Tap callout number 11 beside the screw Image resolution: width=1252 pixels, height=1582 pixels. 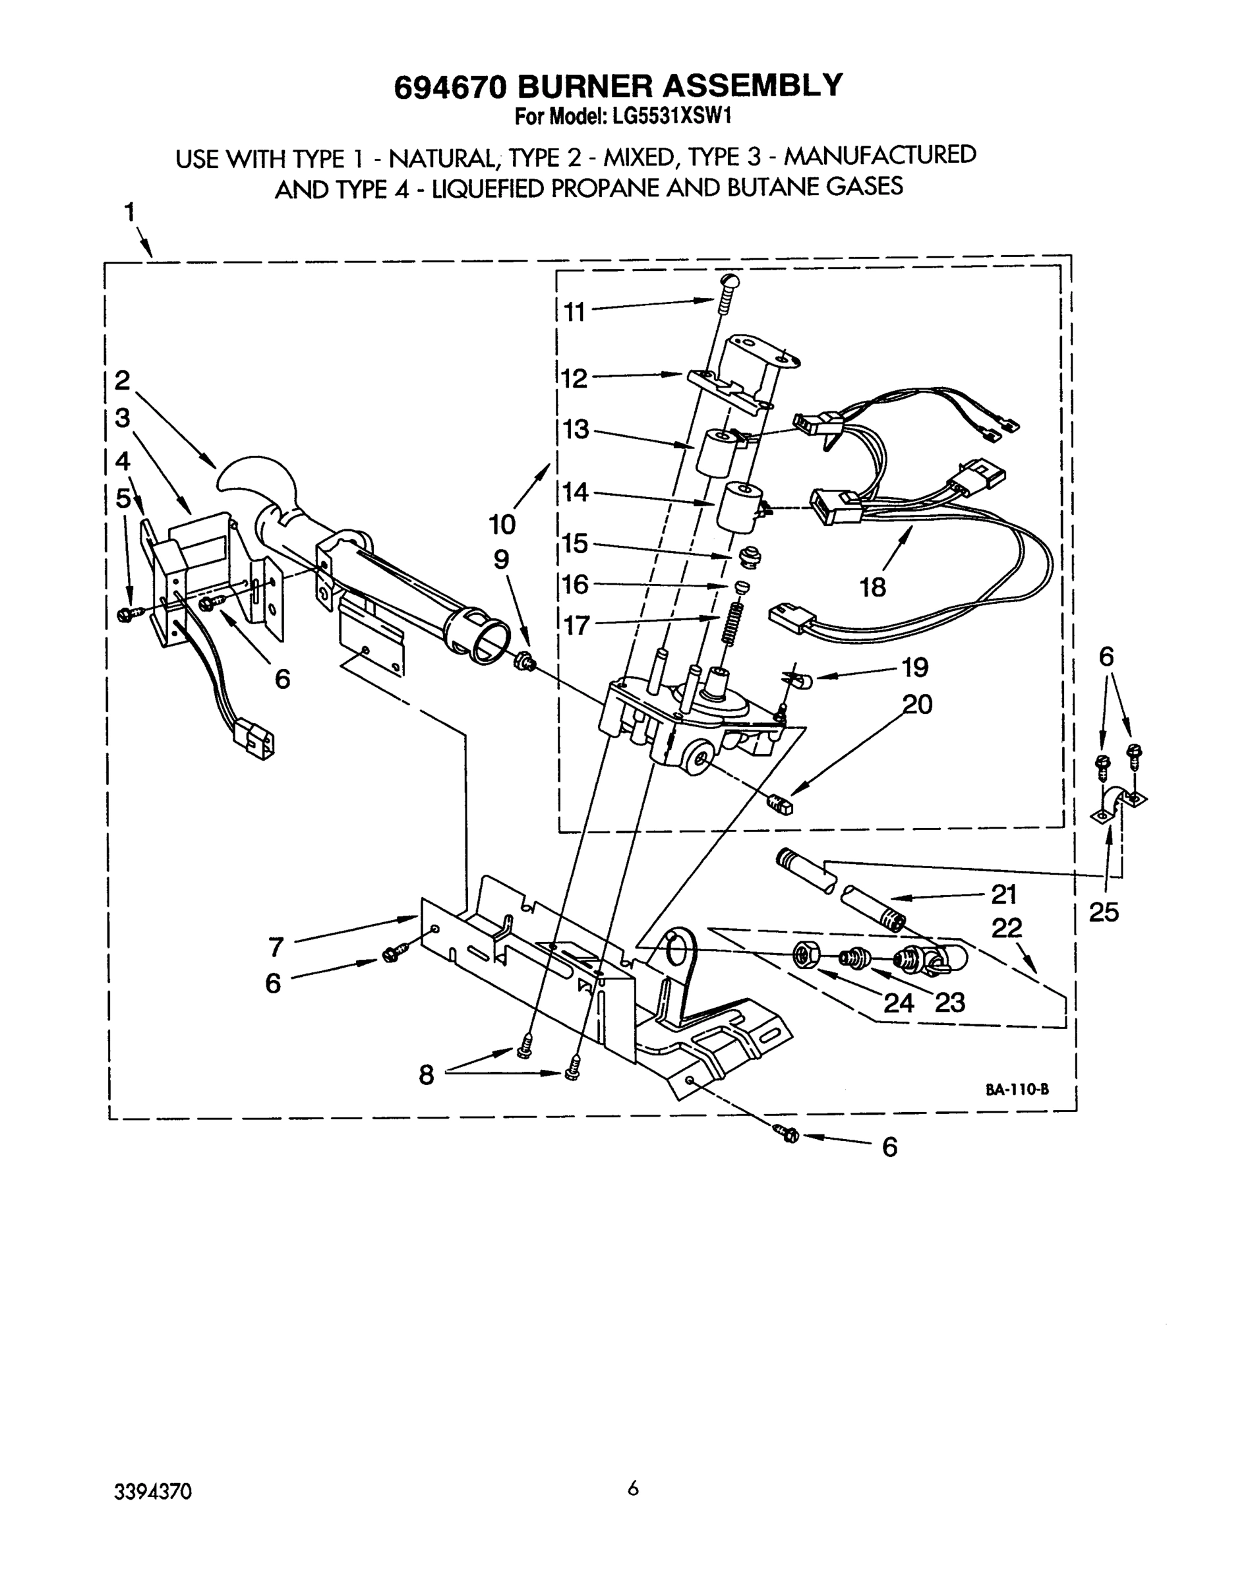(x=575, y=312)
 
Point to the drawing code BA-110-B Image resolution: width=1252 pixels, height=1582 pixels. (x=1017, y=1089)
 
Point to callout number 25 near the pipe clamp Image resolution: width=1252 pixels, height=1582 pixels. (x=1103, y=912)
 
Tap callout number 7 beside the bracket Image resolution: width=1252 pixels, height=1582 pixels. (x=276, y=947)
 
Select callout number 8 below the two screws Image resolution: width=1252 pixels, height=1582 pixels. (x=426, y=1075)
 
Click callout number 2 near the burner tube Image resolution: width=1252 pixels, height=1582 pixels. (x=122, y=380)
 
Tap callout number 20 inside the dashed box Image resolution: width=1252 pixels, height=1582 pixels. (x=916, y=704)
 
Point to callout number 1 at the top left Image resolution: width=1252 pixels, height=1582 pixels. (x=129, y=212)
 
